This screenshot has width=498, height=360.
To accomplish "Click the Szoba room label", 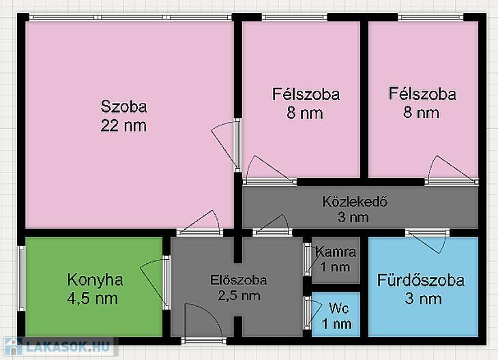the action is pyautogui.click(x=124, y=106).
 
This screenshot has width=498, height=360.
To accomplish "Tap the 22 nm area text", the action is pyautogui.click(x=123, y=125).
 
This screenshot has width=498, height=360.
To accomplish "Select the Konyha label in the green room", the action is pyautogui.click(x=95, y=280).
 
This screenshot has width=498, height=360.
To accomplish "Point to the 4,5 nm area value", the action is pyautogui.click(x=92, y=299).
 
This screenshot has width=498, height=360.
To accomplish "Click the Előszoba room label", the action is pyautogui.click(x=239, y=280).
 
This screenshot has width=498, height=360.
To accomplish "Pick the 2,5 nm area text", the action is pyautogui.click(x=239, y=295).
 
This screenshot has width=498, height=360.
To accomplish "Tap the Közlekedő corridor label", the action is pyautogui.click(x=355, y=202).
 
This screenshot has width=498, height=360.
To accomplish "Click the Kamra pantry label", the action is pyautogui.click(x=336, y=252).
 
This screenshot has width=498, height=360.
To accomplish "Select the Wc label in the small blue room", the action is pyautogui.click(x=339, y=308).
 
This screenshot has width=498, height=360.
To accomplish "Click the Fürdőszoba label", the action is pyautogui.click(x=421, y=281).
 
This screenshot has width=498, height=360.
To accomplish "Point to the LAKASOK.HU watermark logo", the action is pyautogui.click(x=59, y=346).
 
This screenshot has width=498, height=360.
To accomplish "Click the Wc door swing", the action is pyautogui.click(x=314, y=313).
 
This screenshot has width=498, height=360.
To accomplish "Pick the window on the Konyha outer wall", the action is pyautogui.click(x=21, y=278).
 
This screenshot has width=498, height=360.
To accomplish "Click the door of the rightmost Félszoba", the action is pyautogui.click(x=452, y=170).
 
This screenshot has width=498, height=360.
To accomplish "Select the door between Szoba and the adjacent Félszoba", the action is pyautogui.click(x=226, y=145).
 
